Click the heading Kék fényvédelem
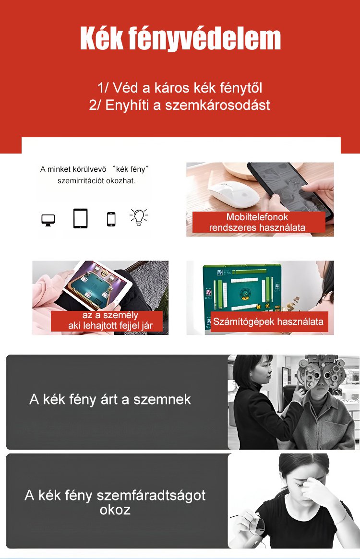180,38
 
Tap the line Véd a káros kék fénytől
187,88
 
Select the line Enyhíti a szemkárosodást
188,105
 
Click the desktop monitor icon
48,220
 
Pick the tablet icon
80,218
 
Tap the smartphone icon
111,219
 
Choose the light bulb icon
139,217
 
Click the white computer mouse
234,193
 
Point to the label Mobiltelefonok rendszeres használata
257,222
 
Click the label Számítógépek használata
268,321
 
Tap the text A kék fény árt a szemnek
110,400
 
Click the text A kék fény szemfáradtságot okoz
115,502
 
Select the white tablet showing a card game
97,285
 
